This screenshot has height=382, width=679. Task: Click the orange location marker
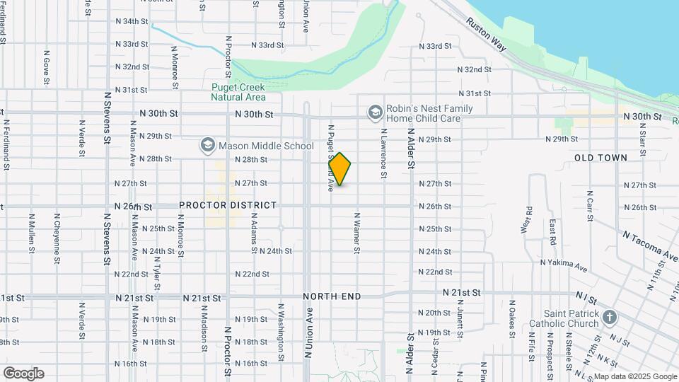(x=340, y=169)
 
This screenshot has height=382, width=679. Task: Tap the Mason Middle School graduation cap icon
(x=207, y=146)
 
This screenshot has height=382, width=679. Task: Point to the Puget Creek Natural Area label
(x=238, y=92)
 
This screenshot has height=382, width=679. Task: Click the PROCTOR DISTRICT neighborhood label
(x=228, y=205)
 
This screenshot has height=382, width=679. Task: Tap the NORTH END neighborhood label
(x=332, y=296)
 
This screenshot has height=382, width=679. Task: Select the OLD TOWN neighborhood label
(x=600, y=158)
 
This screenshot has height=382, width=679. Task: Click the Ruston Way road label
(x=486, y=33)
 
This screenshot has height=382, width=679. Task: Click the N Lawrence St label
(x=383, y=153)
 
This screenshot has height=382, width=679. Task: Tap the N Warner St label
(x=358, y=233)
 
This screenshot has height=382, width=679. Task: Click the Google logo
(x=23, y=374)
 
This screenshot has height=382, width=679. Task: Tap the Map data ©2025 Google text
(x=634, y=376)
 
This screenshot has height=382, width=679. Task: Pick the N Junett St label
(x=460, y=318)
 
